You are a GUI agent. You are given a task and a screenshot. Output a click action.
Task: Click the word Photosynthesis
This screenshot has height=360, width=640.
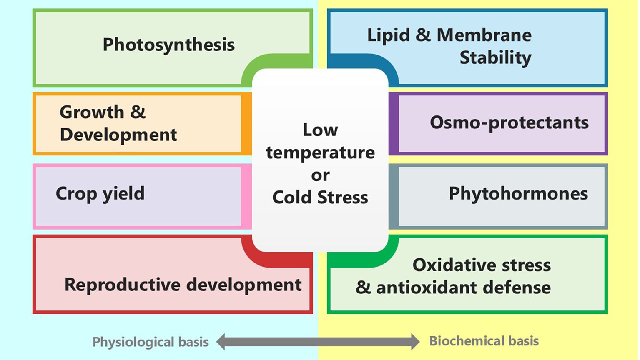tap(168, 45)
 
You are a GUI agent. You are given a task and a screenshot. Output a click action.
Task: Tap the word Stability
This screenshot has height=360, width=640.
tap(495, 57)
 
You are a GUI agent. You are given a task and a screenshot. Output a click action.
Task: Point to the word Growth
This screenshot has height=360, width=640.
tap(92, 112)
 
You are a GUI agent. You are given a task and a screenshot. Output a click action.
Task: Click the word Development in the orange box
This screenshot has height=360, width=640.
tap(118, 135)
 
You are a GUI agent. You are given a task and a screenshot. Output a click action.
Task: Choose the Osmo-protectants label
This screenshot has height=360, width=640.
tap(509, 122)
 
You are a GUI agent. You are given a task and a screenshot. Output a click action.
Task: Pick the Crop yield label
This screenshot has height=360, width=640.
tap(100, 193)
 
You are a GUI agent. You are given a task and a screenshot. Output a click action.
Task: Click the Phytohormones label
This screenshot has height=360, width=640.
tap(518, 193)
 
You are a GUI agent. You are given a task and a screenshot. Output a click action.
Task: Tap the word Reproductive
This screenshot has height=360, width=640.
tap(123, 285)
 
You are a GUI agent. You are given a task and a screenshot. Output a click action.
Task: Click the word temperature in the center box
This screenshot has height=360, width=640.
tap(320, 152)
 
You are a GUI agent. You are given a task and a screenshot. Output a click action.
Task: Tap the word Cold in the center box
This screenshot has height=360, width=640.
tap(292, 197)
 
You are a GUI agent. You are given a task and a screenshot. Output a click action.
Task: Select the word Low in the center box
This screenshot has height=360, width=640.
tap(320, 130)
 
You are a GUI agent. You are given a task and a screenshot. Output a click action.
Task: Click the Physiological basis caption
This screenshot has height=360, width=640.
tap(151, 342)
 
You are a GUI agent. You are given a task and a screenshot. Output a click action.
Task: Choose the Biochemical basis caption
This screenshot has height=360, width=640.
tap(484, 341)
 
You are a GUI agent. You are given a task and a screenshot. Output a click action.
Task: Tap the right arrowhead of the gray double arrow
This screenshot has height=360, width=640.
tap(415, 341)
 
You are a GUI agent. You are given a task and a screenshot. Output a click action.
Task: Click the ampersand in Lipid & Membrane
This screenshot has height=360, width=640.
tap(423, 35)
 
